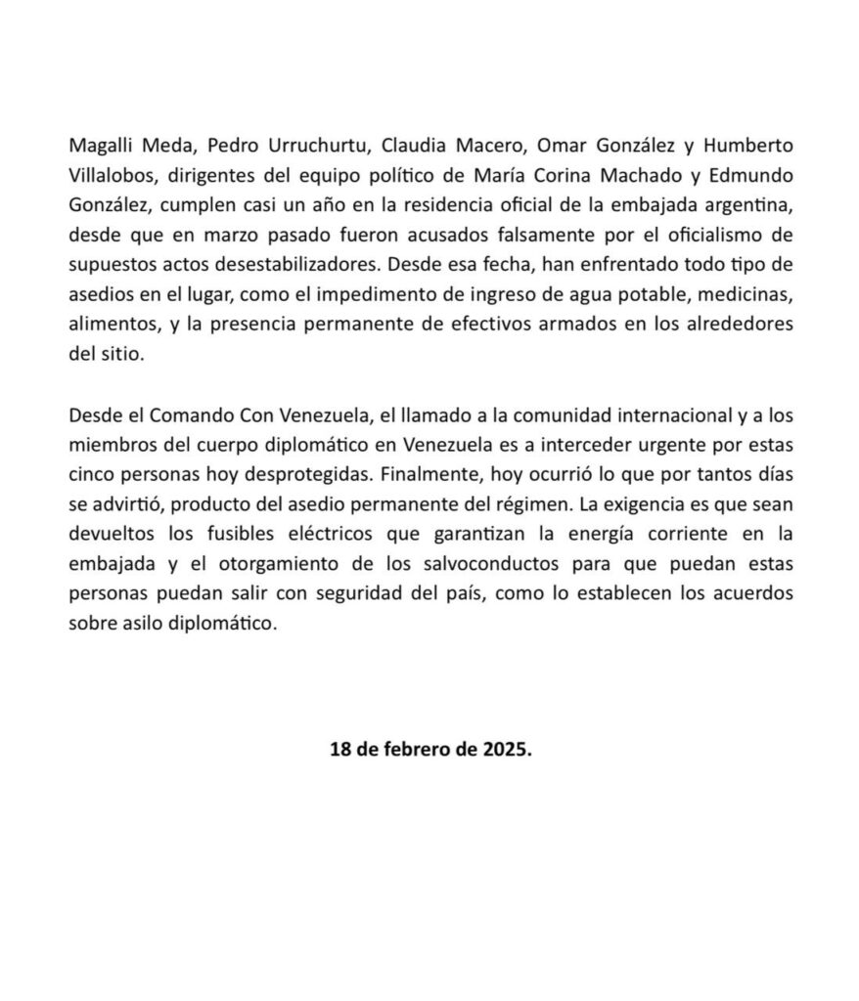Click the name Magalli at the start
pos(101,146)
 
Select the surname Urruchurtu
pos(294,146)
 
